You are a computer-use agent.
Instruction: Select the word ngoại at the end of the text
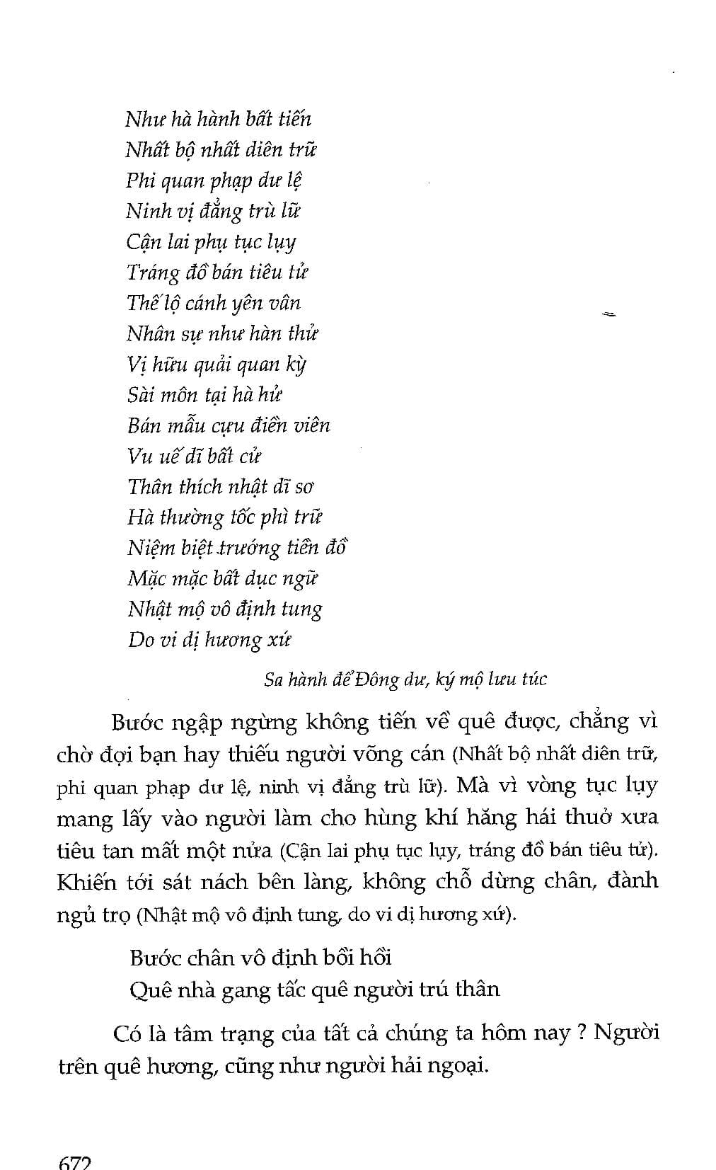click(x=458, y=1066)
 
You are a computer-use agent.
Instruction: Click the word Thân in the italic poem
click(x=150, y=486)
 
